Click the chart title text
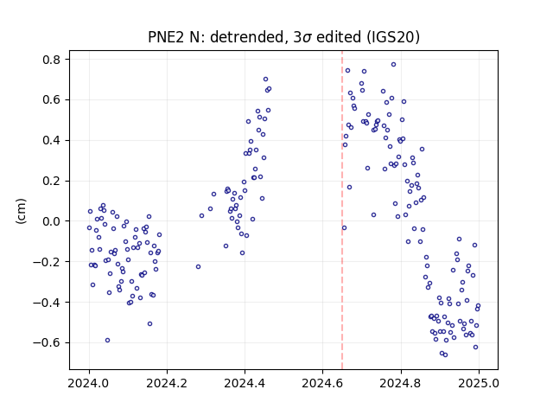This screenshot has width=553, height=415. pyautogui.click(x=283, y=37)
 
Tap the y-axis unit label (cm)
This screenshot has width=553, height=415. pyautogui.click(x=21, y=211)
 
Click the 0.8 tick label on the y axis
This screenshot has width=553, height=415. pyautogui.click(x=51, y=60)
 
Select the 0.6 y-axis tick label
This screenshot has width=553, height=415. pyautogui.click(x=51, y=100)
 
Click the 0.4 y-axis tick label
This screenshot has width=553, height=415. pyautogui.click(x=51, y=140)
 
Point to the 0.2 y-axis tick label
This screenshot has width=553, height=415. pyautogui.click(x=51, y=181)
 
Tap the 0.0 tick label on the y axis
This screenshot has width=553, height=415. pyautogui.click(x=51, y=221)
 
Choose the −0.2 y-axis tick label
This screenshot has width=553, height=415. pyautogui.click(x=47, y=262)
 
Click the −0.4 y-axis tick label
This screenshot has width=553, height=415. pyautogui.click(x=47, y=303)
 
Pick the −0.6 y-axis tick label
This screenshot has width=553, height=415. pyautogui.click(x=47, y=342)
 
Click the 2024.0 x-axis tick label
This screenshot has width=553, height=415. pyautogui.click(x=89, y=383)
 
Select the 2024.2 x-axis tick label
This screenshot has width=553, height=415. pyautogui.click(x=167, y=383)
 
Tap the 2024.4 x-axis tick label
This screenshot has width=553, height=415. pyautogui.click(x=245, y=383)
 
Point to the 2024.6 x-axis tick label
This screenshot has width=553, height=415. pyautogui.click(x=322, y=383)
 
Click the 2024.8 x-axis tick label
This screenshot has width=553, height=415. pyautogui.click(x=401, y=383)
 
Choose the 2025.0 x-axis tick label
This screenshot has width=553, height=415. pyautogui.click(x=479, y=383)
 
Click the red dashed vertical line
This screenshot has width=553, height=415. pyautogui.click(x=342, y=210)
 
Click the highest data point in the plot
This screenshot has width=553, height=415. pyautogui.click(x=394, y=65)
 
